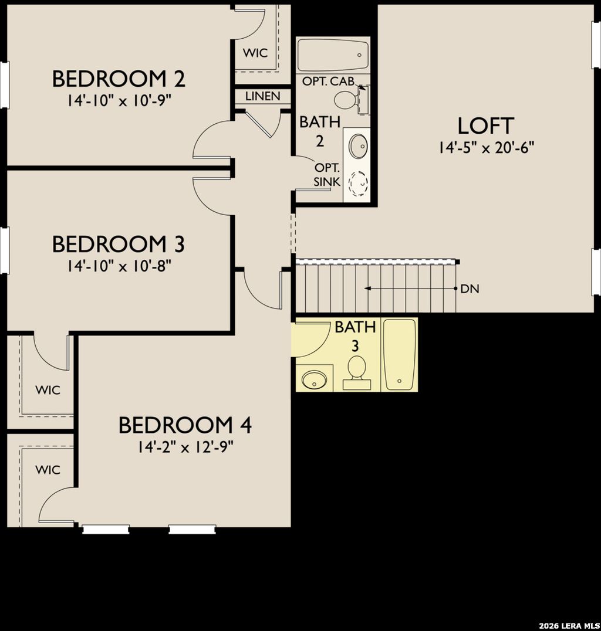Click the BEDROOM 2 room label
point(119,79)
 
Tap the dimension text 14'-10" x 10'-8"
point(119,266)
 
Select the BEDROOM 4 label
point(185,425)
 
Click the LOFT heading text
point(485,125)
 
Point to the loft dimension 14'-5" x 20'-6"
point(485,148)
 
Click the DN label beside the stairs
point(470,289)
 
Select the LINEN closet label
point(262,96)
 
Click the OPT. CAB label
point(328,82)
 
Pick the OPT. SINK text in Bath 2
point(327,174)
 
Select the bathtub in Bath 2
point(332,55)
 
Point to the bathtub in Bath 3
point(399,354)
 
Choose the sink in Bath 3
point(313,378)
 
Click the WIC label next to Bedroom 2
point(255,53)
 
